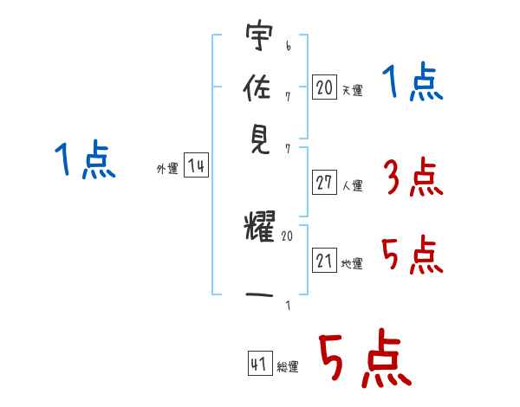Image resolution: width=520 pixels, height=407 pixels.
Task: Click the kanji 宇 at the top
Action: tap(259, 36)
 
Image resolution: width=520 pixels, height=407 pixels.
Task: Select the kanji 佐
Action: tap(257, 87)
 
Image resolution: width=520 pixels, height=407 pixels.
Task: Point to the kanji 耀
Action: tap(260, 225)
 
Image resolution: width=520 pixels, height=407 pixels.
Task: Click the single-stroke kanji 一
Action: tap(259, 294)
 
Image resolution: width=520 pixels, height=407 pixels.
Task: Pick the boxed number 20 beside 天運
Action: tap(324, 87)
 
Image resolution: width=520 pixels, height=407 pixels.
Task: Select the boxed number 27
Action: tap(324, 183)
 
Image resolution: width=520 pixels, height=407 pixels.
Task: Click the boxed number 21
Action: tap(324, 261)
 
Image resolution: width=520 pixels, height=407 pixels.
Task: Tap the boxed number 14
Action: tap(196, 165)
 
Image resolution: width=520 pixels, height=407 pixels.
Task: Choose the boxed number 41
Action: tap(260, 364)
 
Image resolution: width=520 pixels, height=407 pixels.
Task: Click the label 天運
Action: tap(353, 90)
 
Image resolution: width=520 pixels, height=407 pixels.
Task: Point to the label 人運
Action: tap(353, 185)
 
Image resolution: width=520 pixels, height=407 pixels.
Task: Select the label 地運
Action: tap(352, 263)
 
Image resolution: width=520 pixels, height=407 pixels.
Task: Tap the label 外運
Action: tap(167, 168)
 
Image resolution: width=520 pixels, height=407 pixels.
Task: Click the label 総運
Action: tap(288, 366)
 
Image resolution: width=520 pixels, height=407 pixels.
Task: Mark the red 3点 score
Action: tap(413, 178)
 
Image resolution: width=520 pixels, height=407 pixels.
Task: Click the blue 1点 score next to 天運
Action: tap(413, 81)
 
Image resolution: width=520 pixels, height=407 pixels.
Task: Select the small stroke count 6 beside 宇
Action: tap(289, 46)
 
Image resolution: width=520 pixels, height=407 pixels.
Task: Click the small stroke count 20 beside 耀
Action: tap(287, 236)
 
